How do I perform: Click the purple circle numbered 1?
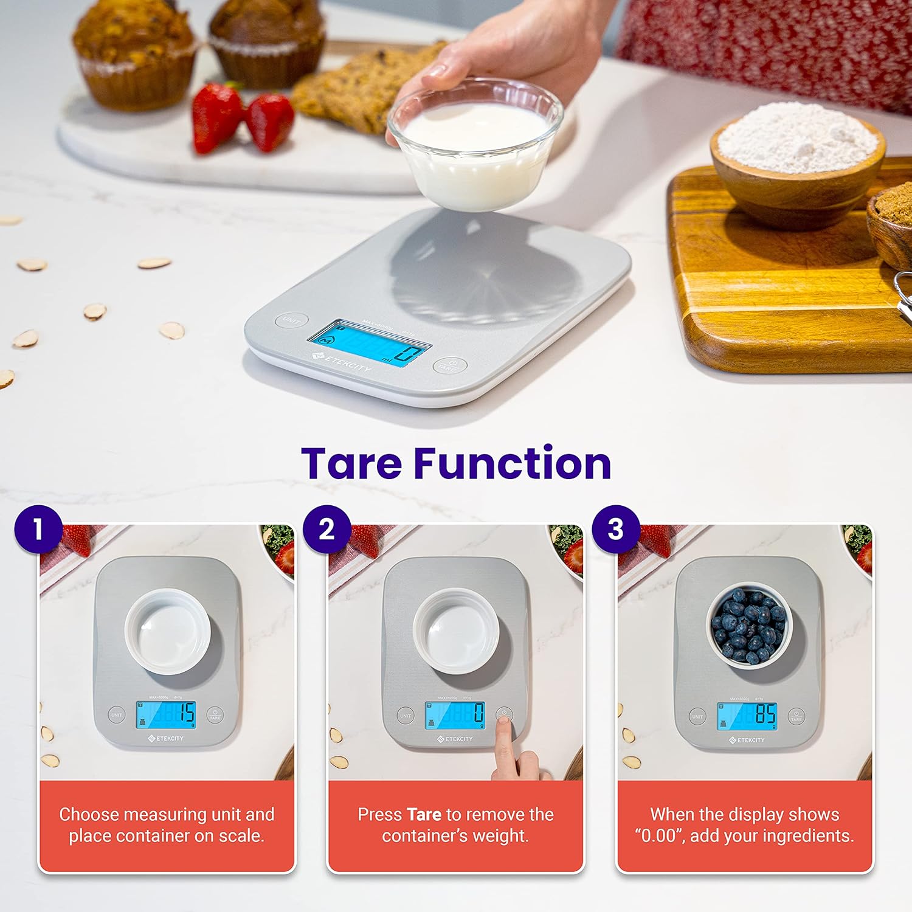pyautogui.click(x=38, y=529)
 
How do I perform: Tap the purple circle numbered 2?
pyautogui.click(x=327, y=529)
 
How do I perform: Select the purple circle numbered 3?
pyautogui.click(x=615, y=529)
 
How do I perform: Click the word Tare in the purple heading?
pyautogui.click(x=351, y=463)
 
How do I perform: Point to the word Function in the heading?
pyautogui.click(x=512, y=463)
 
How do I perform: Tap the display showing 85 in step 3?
pyautogui.click(x=746, y=716)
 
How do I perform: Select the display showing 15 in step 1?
pyautogui.click(x=165, y=714)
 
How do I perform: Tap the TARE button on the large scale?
pyautogui.click(x=449, y=365)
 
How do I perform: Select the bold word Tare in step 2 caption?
pyautogui.click(x=424, y=814)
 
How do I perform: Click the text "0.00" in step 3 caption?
pyautogui.click(x=659, y=836)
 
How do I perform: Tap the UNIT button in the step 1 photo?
pyautogui.click(x=116, y=715)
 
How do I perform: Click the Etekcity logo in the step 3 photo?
pyautogui.click(x=747, y=740)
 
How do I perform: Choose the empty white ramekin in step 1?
pyautogui.click(x=168, y=631)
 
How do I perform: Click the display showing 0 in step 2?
pyautogui.click(x=455, y=715)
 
